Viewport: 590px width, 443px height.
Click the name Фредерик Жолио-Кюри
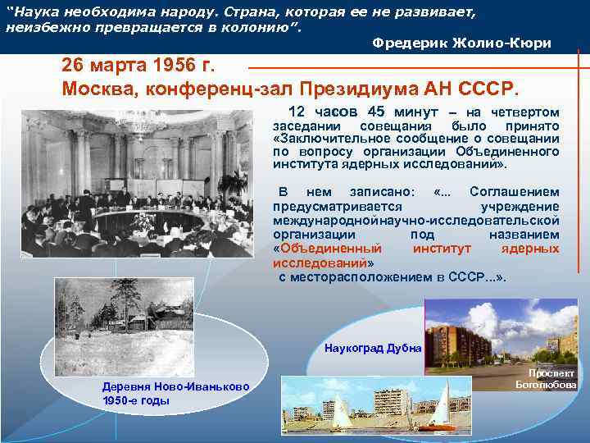(461, 42)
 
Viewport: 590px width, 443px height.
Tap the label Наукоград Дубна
(373, 348)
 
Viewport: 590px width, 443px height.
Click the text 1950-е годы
(136, 400)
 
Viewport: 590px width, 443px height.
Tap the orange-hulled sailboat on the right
(442, 410)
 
